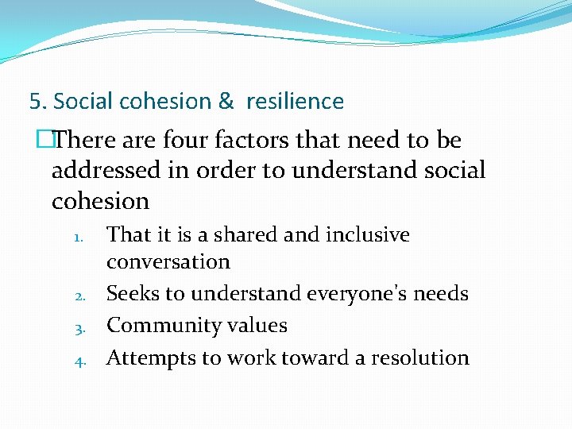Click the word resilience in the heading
[295, 102]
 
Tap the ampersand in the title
[226, 102]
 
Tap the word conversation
[168, 261]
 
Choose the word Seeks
[133, 294]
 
